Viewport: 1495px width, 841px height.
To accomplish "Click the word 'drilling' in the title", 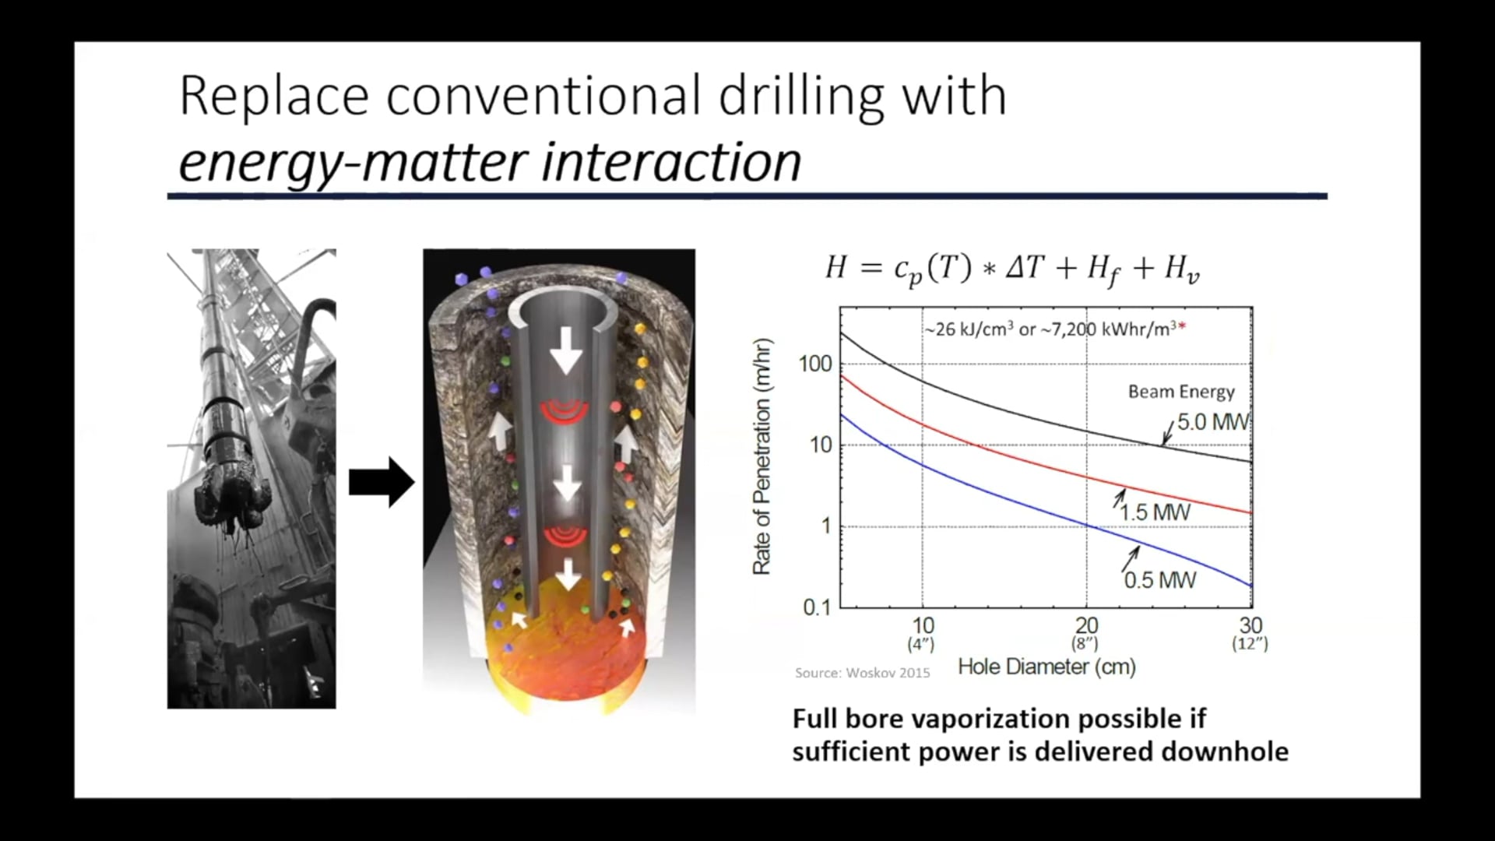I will point(802,97).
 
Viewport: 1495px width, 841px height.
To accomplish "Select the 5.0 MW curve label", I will point(1212,422).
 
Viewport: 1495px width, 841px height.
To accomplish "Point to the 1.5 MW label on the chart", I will point(1156,512).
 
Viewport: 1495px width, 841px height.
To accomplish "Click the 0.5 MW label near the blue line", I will point(1159,580).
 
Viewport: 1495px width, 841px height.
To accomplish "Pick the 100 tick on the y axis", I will point(815,364).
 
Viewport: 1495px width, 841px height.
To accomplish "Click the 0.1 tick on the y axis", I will point(817,607).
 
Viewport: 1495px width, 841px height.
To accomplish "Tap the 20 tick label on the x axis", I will point(1086,625).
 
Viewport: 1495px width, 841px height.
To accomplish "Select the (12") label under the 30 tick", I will point(1250,644).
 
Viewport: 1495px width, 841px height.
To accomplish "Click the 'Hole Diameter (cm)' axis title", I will point(1046,667).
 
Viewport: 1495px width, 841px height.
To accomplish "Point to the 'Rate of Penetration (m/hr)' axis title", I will point(762,457).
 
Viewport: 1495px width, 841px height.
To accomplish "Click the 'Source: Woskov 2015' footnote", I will point(862,673).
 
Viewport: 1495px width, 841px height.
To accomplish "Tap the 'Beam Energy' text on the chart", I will point(1181,392).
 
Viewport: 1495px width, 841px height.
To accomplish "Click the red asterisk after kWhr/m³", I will point(1182,328).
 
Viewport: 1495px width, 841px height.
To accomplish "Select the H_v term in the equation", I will point(1181,269).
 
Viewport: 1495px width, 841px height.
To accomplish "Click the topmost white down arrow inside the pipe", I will point(566,350).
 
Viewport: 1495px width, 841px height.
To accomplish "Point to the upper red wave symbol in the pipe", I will point(566,412).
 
